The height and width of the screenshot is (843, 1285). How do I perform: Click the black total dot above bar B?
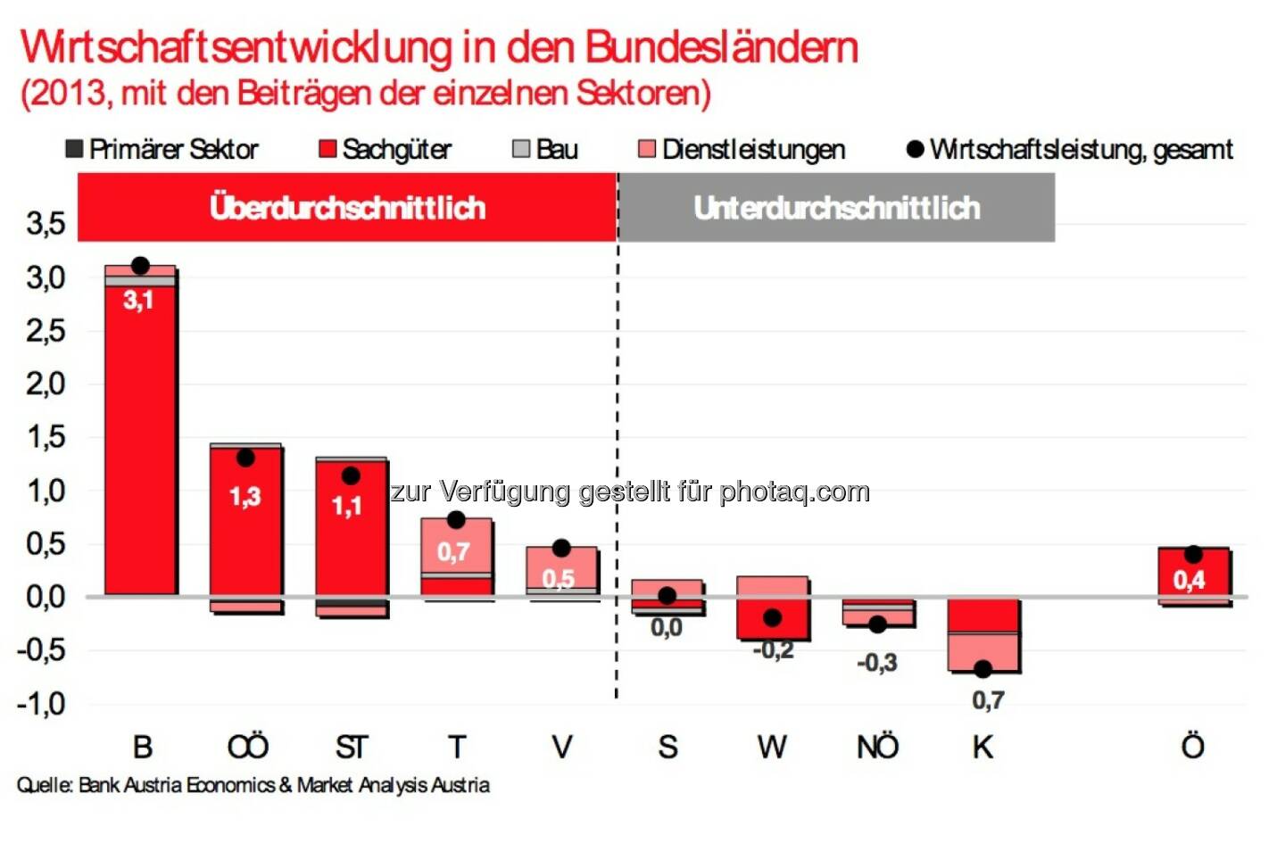click(x=140, y=266)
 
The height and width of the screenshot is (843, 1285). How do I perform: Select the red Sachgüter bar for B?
click(x=140, y=446)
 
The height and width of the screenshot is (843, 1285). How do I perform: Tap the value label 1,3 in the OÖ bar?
click(x=245, y=496)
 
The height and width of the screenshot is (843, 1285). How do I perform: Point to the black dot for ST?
click(x=351, y=476)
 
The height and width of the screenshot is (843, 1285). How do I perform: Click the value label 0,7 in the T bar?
click(x=453, y=552)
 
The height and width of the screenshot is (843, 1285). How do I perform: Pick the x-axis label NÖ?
click(x=877, y=747)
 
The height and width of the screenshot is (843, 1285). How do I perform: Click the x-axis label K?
click(x=982, y=747)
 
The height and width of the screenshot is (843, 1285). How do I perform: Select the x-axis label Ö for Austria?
click(x=1192, y=746)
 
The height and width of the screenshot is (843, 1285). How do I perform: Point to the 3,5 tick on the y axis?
click(x=46, y=223)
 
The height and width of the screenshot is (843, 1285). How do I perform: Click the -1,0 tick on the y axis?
click(x=42, y=704)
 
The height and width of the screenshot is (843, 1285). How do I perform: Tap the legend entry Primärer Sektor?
click(x=162, y=149)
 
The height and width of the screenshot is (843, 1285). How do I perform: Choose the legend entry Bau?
click(x=545, y=149)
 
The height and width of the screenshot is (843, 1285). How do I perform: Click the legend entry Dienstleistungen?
click(x=742, y=149)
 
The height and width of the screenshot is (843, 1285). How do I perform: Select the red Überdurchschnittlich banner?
click(x=347, y=208)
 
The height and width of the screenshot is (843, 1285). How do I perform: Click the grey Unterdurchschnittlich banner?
click(x=836, y=208)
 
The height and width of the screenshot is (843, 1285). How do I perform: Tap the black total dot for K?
click(x=982, y=669)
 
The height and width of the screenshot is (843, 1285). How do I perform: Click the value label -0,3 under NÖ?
click(x=876, y=663)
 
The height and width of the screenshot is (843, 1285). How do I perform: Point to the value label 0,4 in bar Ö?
click(x=1189, y=581)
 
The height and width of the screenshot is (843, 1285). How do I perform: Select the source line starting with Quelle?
click(x=253, y=785)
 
